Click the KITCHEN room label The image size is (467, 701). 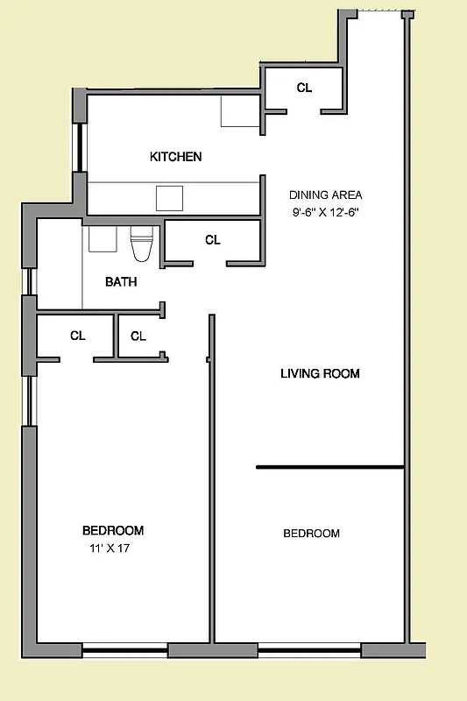pos(176,157)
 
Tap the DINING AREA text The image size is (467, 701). pos(326,195)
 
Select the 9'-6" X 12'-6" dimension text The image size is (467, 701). pos(327,212)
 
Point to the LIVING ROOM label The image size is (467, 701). pos(320,374)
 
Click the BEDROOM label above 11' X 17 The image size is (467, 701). pos(113,530)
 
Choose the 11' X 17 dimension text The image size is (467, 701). pos(112,549)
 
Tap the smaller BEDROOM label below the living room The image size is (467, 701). pos(311,534)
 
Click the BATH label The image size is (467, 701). pos(121,282)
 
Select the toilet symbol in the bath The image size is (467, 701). pos(141,244)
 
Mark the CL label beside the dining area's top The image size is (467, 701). pos(304,88)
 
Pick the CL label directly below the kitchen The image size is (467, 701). pos(213,240)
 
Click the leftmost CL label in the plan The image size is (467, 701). pos(77,336)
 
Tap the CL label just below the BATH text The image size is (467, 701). pos(138,336)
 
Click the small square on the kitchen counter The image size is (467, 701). pos(169,198)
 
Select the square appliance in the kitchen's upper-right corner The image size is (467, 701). pos(239,111)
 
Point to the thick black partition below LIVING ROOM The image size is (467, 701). pos(329,467)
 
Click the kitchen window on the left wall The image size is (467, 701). pos(80,148)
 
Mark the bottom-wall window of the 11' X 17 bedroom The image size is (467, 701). pos(124,651)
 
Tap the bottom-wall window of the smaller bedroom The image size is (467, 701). pos(309,651)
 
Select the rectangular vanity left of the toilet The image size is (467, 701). pos(103,239)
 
